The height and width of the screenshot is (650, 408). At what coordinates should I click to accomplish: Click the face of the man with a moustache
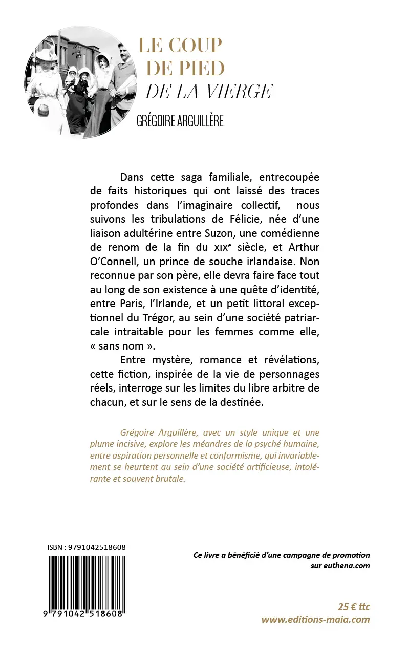click(122, 50)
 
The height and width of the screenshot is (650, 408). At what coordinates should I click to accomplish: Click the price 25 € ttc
click(353, 607)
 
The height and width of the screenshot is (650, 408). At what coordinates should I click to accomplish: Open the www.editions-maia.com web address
click(315, 619)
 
